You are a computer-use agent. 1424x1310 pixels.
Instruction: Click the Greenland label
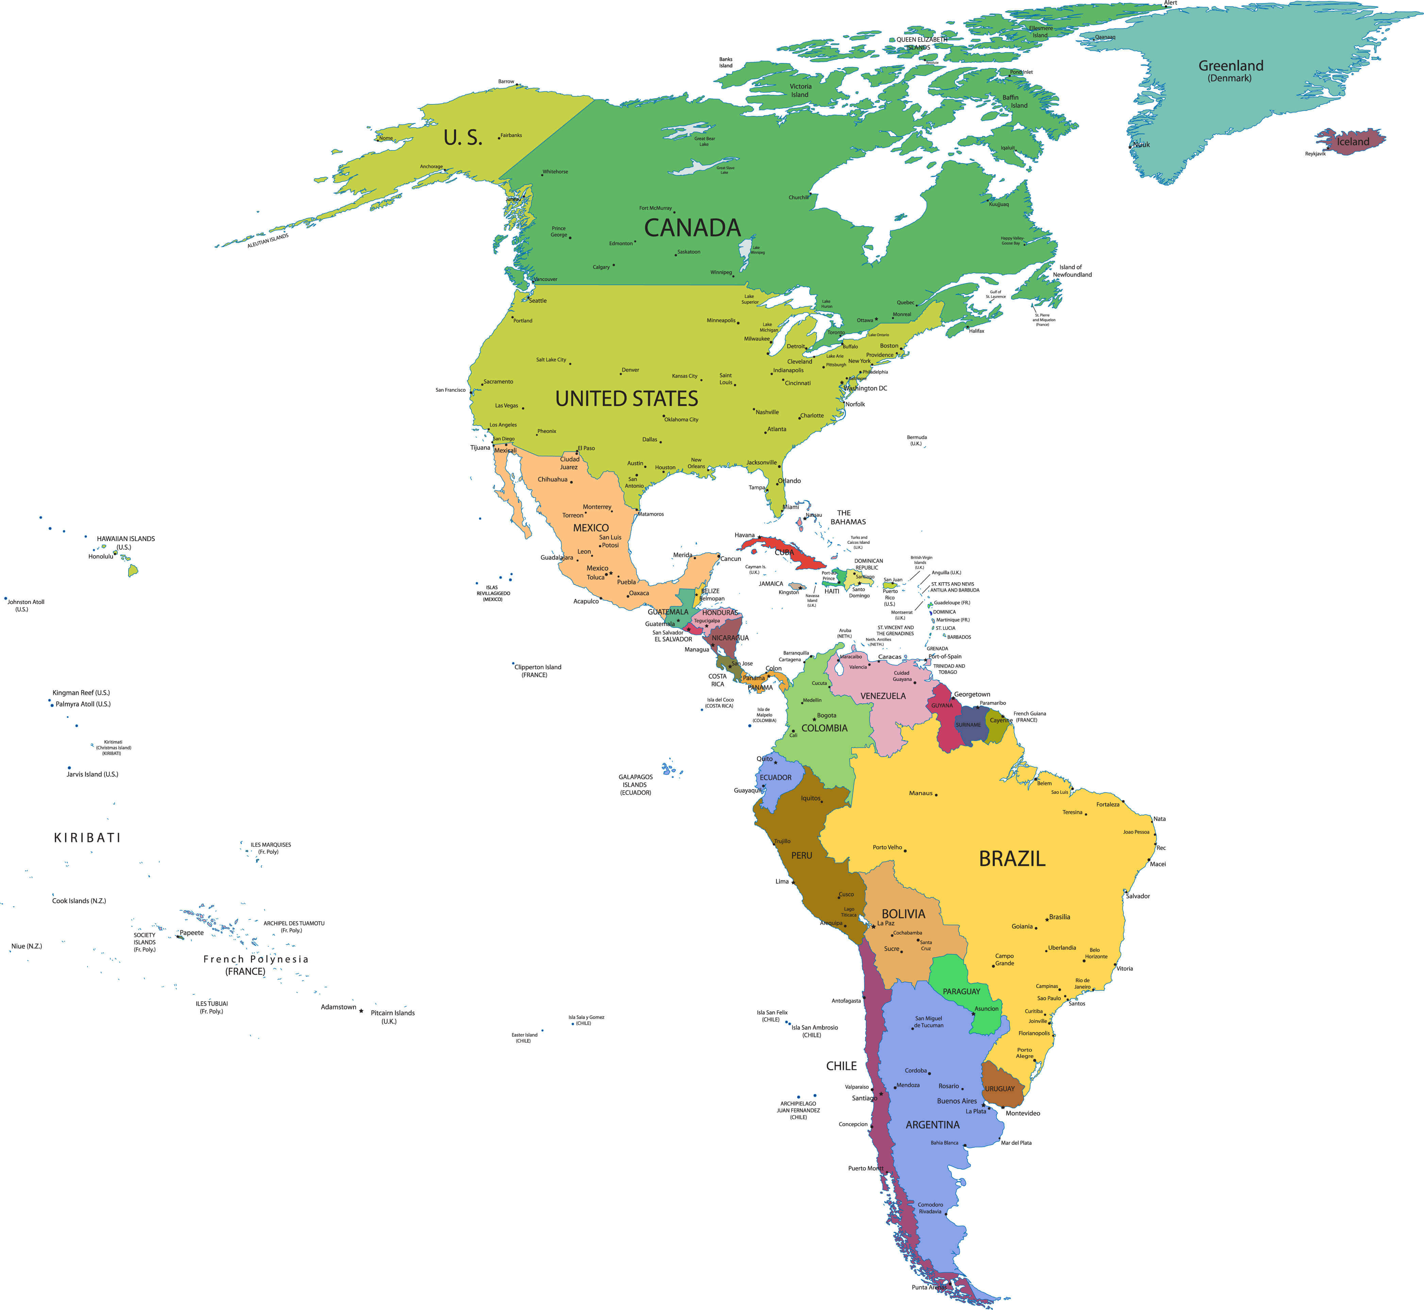(x=1230, y=66)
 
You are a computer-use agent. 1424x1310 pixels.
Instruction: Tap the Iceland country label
(x=1353, y=142)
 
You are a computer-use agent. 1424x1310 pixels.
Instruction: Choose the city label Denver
(x=630, y=370)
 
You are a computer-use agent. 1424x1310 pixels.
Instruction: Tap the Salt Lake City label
(x=551, y=360)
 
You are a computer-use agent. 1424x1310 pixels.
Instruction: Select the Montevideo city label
(x=1022, y=1113)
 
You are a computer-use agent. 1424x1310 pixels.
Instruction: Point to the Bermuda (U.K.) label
(x=917, y=440)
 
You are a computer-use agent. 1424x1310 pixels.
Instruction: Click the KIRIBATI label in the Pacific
(x=87, y=838)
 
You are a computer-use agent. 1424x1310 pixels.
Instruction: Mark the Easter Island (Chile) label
(x=524, y=1038)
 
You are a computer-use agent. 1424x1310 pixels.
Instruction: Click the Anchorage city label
(x=431, y=167)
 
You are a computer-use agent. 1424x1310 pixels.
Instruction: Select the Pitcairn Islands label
(x=392, y=1017)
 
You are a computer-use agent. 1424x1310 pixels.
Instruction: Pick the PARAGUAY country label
(x=961, y=991)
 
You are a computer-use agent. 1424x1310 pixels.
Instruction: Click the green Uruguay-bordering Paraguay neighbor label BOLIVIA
(x=903, y=914)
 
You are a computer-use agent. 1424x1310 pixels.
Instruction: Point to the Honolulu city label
(x=101, y=556)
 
